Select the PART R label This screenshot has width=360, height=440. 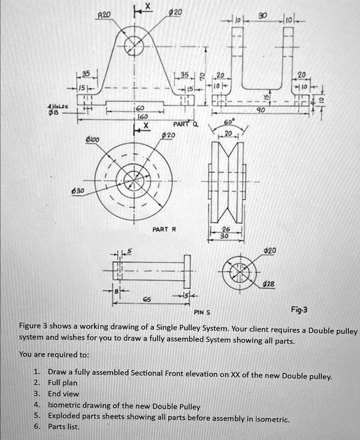point(164,229)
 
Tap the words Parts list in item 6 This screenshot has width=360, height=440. point(64,427)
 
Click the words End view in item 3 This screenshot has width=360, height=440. point(64,394)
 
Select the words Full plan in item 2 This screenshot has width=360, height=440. point(63,382)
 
